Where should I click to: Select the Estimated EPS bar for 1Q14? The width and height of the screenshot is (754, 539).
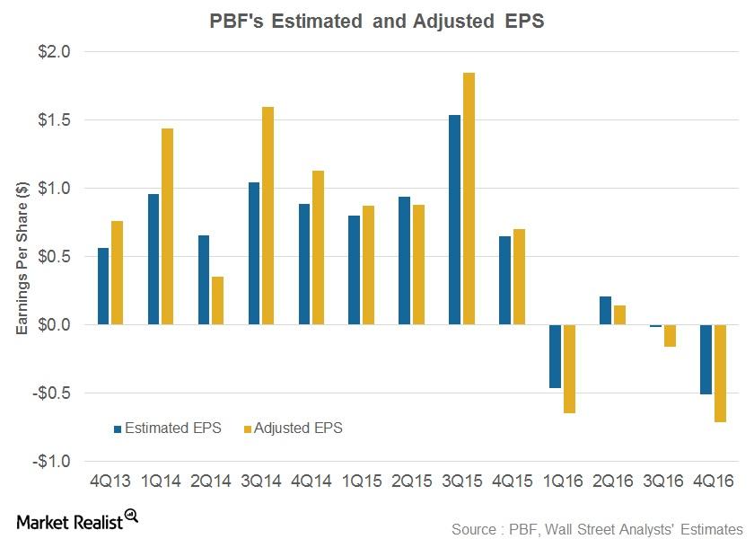pos(154,259)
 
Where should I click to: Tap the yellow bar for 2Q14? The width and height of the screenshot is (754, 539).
pos(218,300)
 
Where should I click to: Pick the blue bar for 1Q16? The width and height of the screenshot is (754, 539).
pos(556,356)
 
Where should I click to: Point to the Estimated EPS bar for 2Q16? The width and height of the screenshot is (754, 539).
pos(606,310)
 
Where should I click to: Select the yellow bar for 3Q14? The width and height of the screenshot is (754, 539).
pos(267,216)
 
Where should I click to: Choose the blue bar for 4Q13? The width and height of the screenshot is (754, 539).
pos(104,286)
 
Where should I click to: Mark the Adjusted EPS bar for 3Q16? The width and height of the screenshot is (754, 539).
pos(670,335)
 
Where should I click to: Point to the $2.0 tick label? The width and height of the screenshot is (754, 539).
pos(53,51)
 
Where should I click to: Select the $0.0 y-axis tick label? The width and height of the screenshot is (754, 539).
pos(53,324)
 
